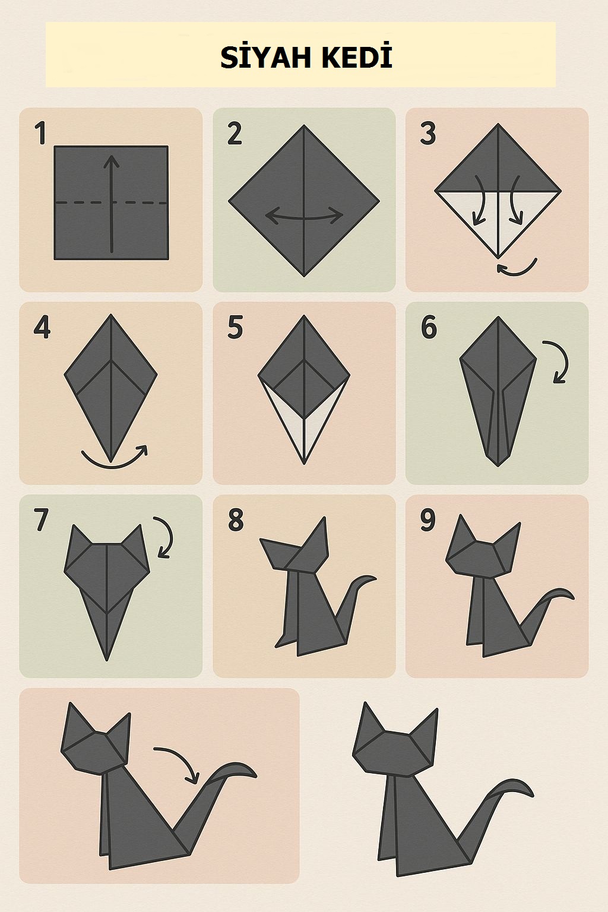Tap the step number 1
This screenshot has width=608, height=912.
41,133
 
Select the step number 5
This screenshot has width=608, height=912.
235,327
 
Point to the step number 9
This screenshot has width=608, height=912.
427,520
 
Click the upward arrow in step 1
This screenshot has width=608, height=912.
111,204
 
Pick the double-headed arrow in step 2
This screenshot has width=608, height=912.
304,216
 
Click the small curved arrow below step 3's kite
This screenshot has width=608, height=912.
517,268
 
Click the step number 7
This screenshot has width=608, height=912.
41,520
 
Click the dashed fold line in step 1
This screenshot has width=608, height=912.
111,202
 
